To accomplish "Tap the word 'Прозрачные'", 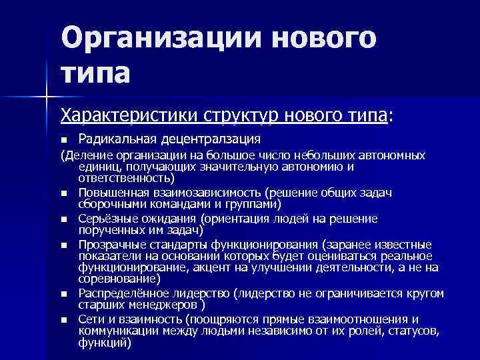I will pyautogui.click(x=110, y=244).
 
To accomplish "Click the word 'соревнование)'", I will pyautogui.click(x=118, y=279).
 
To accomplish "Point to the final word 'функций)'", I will pyautogui.click(x=105, y=343).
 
